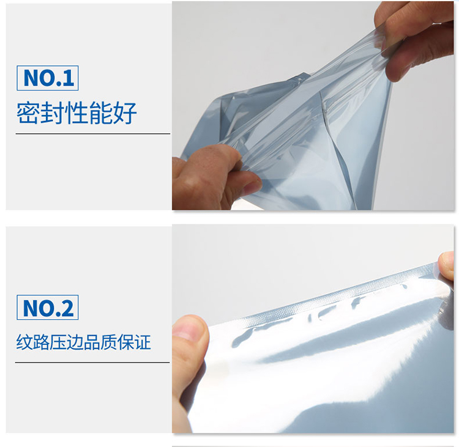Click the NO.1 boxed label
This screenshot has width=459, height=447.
[x=47, y=78]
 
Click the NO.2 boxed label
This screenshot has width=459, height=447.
[x=47, y=307]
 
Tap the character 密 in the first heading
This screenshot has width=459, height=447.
[x=28, y=113]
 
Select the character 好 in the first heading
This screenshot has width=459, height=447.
[x=125, y=113]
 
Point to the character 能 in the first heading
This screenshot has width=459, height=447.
[x=101, y=113]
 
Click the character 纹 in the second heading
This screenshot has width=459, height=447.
[x=24, y=342]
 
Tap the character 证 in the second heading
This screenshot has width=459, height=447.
[x=143, y=342]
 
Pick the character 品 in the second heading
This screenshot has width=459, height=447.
[x=92, y=342]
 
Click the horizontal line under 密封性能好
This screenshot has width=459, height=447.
[x=93, y=134]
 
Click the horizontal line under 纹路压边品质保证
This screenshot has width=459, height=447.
[x=92, y=363]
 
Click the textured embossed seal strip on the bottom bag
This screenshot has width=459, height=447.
[x=337, y=295]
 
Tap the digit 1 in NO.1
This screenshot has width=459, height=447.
[x=68, y=78]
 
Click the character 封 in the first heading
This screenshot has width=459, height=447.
[x=53, y=113]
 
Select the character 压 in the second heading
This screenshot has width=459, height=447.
[x=58, y=342]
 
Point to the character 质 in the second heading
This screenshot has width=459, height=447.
[x=108, y=342]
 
